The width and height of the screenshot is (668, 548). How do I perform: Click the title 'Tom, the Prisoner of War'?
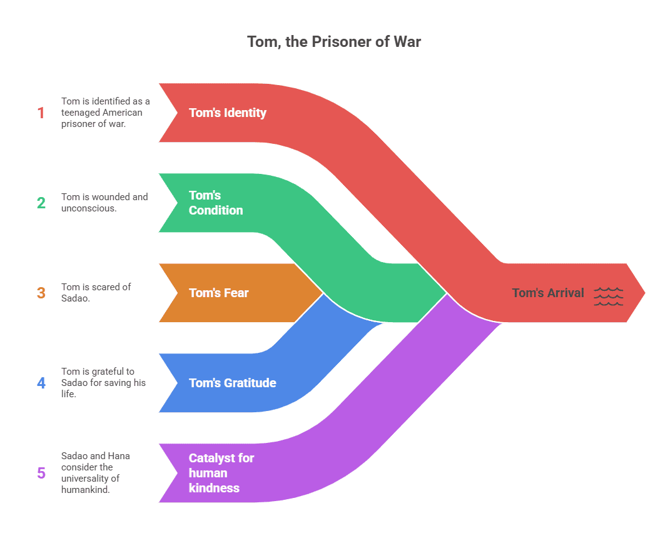coord(334,42)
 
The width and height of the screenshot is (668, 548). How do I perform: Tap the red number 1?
coord(41,113)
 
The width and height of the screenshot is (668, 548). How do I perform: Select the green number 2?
coord(41,203)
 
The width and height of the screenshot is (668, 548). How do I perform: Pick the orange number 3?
coord(41,293)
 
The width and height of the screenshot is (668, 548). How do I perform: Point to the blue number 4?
coord(41,383)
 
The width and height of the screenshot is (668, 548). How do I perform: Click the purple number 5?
coord(41,473)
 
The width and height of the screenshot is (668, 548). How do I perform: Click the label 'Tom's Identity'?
coord(228,113)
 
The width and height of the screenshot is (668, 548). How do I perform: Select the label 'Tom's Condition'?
coord(216,203)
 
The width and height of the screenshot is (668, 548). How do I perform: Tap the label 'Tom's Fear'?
coord(219,293)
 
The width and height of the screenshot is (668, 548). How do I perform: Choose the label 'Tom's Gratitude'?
coord(232,383)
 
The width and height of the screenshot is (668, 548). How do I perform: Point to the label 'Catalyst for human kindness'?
coord(221,473)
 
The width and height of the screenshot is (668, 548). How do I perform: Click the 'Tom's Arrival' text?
coord(548,293)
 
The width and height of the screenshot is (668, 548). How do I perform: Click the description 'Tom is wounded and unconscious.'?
coord(104,202)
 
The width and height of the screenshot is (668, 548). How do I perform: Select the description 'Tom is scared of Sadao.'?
coord(96,292)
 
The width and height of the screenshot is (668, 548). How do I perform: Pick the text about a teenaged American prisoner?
coord(105,113)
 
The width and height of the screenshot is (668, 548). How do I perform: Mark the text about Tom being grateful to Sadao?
coord(103,383)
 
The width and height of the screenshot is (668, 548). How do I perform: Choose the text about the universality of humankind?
coord(96,473)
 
